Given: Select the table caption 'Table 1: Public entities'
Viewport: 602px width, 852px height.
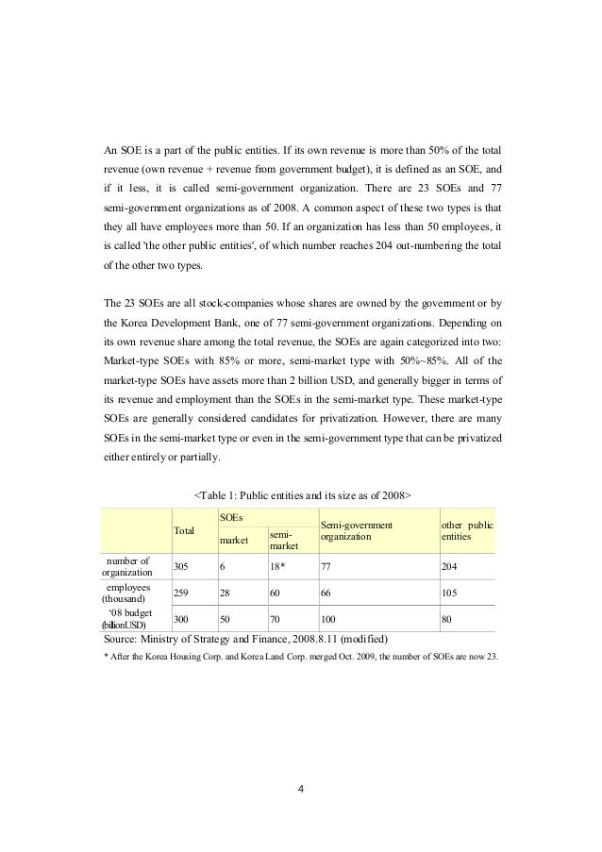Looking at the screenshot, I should (x=300, y=494).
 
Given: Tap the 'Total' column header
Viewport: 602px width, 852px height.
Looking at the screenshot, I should (x=186, y=531).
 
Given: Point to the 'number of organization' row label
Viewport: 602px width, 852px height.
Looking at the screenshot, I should (x=133, y=566).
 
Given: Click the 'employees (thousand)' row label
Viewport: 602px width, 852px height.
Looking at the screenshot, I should (x=133, y=593).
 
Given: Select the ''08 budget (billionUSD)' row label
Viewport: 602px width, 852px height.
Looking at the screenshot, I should (x=133, y=618).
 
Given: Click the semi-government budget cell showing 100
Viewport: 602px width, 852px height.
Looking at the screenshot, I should (x=330, y=619).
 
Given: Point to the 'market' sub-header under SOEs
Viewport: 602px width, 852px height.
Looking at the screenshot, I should (x=234, y=541).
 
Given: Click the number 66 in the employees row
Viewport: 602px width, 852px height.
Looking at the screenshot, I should (x=327, y=593).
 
